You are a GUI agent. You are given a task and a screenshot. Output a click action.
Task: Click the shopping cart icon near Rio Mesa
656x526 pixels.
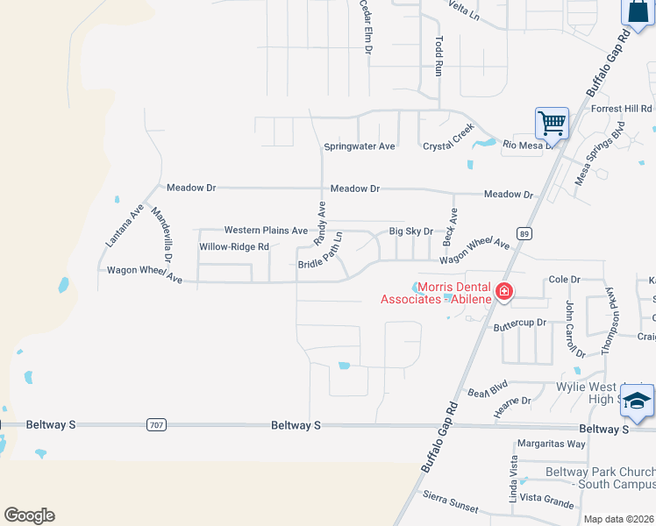pos(552,123)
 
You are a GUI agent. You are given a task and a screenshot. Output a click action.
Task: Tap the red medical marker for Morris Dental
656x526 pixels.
pos(504,291)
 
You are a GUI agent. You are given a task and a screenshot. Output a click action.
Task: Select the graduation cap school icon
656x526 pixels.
pos(637,402)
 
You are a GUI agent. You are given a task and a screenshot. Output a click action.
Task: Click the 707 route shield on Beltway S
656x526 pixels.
pos(156,425)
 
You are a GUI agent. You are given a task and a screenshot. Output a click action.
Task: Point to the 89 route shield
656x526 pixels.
pos(524,233)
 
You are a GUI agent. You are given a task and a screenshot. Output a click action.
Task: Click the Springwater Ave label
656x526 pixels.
pos(360,146)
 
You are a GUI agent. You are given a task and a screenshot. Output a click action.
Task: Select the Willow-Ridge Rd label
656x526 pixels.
pos(234,247)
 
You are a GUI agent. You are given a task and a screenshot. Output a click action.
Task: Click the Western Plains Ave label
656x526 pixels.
pos(266,231)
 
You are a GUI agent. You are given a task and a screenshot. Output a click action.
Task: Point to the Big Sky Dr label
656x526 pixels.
pos(411,231)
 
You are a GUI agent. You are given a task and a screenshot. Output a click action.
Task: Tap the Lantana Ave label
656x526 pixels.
pos(123,224)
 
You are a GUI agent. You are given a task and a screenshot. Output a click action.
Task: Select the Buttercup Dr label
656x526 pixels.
pos(519,323)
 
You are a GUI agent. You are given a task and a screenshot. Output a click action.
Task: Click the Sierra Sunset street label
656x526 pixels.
pos(448,504)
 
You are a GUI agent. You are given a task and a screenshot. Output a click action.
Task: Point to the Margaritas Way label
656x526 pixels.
pos(551,444)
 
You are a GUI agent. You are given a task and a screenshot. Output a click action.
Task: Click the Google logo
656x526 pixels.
pos(29,515)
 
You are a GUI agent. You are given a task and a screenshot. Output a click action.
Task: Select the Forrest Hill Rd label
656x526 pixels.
pos(621,109)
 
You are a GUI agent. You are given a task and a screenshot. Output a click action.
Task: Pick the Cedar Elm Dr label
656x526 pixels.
pos(367,27)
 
